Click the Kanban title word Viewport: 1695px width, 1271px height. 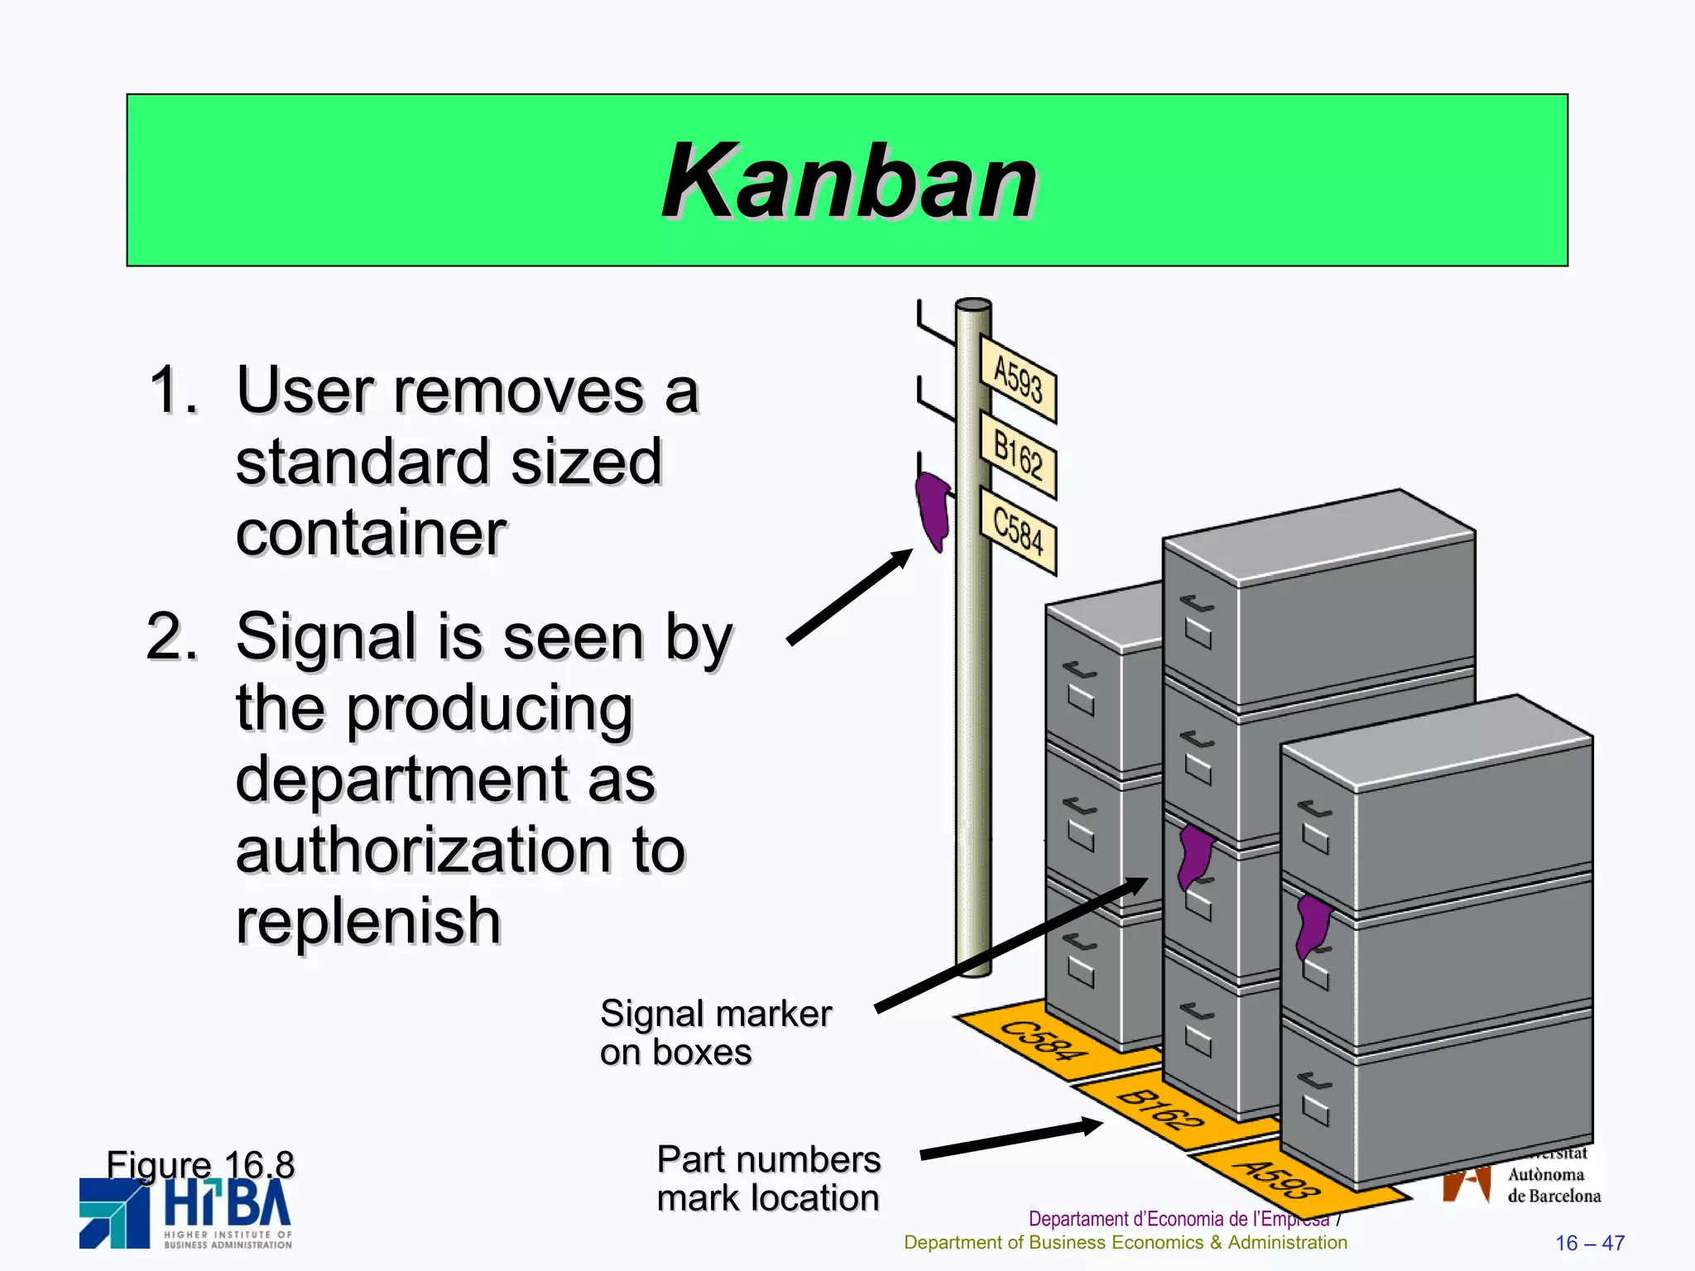[849, 180]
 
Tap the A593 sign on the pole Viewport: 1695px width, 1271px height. [1018, 379]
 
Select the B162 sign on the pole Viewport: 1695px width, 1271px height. [1018, 454]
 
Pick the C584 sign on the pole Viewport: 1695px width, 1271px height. [1018, 530]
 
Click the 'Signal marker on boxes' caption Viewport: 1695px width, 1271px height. [715, 1033]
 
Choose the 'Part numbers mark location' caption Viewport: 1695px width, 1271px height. [768, 1178]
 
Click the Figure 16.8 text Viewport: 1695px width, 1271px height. [200, 1164]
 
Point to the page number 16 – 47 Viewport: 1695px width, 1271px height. [1589, 1243]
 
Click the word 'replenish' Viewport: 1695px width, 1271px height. [369, 920]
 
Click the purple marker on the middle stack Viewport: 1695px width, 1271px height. [1194, 856]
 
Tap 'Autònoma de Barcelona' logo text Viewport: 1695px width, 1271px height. [1553, 1185]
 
